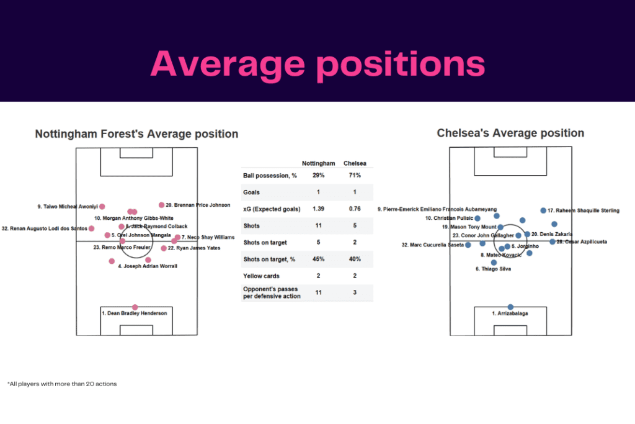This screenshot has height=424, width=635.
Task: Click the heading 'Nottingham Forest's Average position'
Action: point(136,134)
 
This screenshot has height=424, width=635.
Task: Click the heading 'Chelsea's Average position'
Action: point(510,133)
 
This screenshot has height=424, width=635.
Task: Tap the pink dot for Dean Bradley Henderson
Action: point(135,307)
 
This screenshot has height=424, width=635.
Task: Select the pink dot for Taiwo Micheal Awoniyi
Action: point(102,207)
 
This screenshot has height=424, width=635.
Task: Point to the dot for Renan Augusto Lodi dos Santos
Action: point(92,228)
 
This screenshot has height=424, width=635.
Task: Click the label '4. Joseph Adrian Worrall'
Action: point(148,266)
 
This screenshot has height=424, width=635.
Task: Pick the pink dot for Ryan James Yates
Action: point(164,248)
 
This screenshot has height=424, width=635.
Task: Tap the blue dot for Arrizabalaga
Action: point(510,307)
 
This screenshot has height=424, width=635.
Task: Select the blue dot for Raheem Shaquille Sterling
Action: point(543,210)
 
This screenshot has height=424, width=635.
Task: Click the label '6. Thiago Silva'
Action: point(494,269)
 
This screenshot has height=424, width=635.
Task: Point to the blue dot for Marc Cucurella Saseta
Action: point(469,245)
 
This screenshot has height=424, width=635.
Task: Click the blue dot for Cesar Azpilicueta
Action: point(552,241)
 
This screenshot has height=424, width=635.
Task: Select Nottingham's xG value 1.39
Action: point(313,209)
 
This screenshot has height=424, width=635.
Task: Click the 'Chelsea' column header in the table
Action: point(355,163)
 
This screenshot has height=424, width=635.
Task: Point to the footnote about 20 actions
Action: point(62,384)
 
